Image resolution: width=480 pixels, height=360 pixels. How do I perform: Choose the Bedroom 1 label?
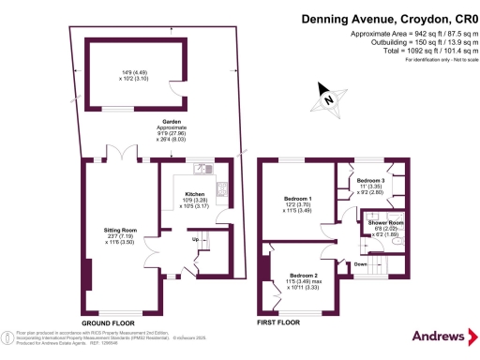click(298, 200)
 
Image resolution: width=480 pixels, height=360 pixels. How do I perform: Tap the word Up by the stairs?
click(194, 240)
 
